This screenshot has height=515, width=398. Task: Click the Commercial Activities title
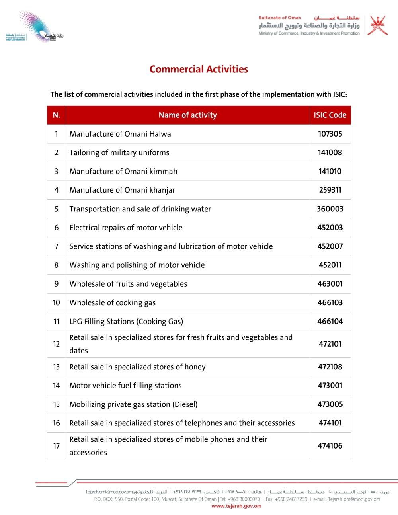click(x=199, y=69)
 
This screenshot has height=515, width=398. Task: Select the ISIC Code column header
click(x=330, y=115)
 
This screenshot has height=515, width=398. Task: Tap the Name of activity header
click(x=187, y=115)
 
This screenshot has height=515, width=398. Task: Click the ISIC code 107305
click(x=330, y=134)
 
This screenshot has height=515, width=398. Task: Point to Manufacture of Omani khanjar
click(x=122, y=190)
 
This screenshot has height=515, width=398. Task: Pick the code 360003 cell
click(x=330, y=209)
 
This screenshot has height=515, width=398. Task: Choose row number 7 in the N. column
click(x=57, y=246)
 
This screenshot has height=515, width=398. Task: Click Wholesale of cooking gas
click(x=112, y=303)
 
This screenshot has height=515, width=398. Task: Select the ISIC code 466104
click(x=330, y=322)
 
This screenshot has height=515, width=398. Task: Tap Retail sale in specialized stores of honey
click(x=137, y=367)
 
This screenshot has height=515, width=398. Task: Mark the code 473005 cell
click(x=330, y=404)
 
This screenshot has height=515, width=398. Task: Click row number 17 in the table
click(x=57, y=446)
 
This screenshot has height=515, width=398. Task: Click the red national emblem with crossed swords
click(x=377, y=25)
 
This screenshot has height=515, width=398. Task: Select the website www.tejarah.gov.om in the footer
click(x=236, y=506)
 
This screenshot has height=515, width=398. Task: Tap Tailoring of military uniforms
click(x=119, y=153)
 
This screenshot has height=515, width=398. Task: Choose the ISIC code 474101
click(x=330, y=423)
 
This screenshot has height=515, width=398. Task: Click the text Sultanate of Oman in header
click(x=280, y=18)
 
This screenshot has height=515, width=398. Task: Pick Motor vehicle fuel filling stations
click(x=125, y=386)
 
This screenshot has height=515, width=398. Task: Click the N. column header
click(x=57, y=115)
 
